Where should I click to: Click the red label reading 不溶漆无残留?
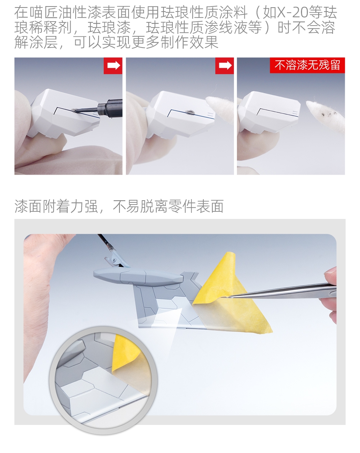tap(307, 65)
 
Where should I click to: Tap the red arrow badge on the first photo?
tap(113, 66)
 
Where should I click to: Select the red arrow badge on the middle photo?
tap(224, 66)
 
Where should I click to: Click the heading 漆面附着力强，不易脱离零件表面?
tap(119, 206)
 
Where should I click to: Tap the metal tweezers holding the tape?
tap(282, 291)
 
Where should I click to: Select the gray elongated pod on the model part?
tap(138, 276)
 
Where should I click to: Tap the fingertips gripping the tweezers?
tap(331, 295)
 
